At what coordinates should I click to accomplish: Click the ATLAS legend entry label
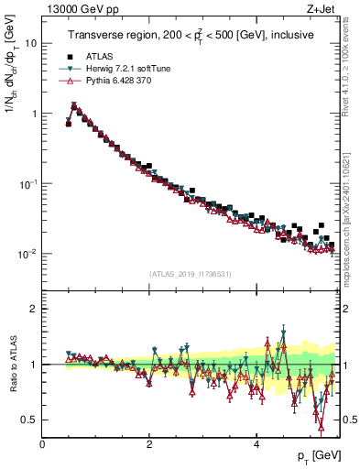[x=100, y=57]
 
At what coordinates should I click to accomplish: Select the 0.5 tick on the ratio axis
[x=30, y=420]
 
